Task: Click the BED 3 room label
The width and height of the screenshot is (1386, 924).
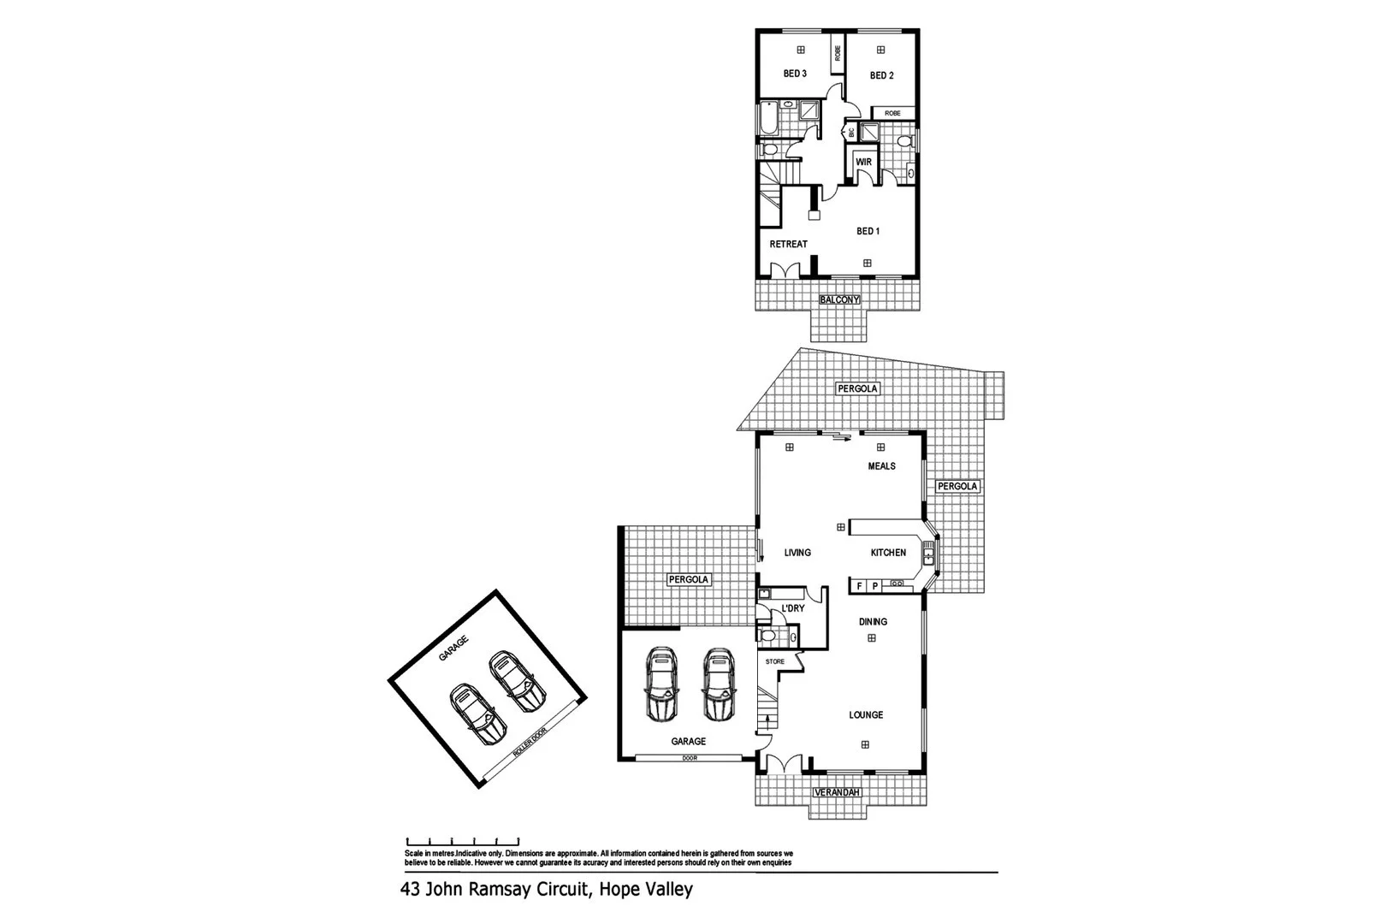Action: tap(795, 74)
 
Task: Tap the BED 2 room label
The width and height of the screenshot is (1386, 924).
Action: tap(881, 75)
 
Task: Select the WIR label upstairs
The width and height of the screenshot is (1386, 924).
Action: tap(863, 162)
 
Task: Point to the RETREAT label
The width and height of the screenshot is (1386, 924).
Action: tap(788, 245)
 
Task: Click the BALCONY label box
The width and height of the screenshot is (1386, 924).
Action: tap(839, 300)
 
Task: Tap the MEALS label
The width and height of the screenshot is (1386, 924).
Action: tap(881, 466)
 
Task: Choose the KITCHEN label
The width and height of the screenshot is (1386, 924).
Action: tap(888, 553)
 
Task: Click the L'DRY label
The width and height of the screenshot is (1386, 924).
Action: tap(792, 609)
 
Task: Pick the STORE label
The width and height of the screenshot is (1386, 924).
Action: tap(774, 661)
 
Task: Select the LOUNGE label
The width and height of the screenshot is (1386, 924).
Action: tap(866, 715)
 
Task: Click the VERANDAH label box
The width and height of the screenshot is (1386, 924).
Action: tap(838, 793)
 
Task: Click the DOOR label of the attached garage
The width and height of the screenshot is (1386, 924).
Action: tap(689, 758)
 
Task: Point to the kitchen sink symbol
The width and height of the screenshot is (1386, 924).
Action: tap(928, 557)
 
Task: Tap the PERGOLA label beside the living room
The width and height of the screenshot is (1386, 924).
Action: tap(689, 579)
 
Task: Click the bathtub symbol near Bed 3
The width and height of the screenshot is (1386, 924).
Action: tap(767, 118)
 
